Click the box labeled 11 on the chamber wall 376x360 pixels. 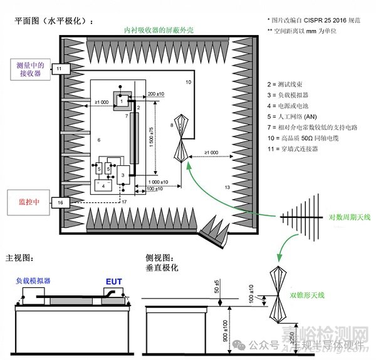59,68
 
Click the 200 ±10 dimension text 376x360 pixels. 155,94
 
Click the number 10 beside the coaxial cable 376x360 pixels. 187,82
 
